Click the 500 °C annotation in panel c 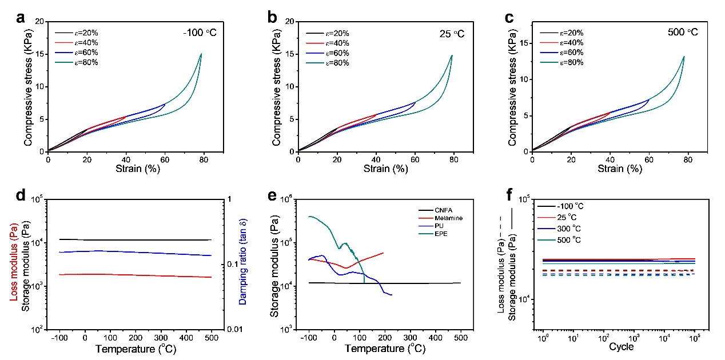point(683,33)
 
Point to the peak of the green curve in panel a point(201,54)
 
